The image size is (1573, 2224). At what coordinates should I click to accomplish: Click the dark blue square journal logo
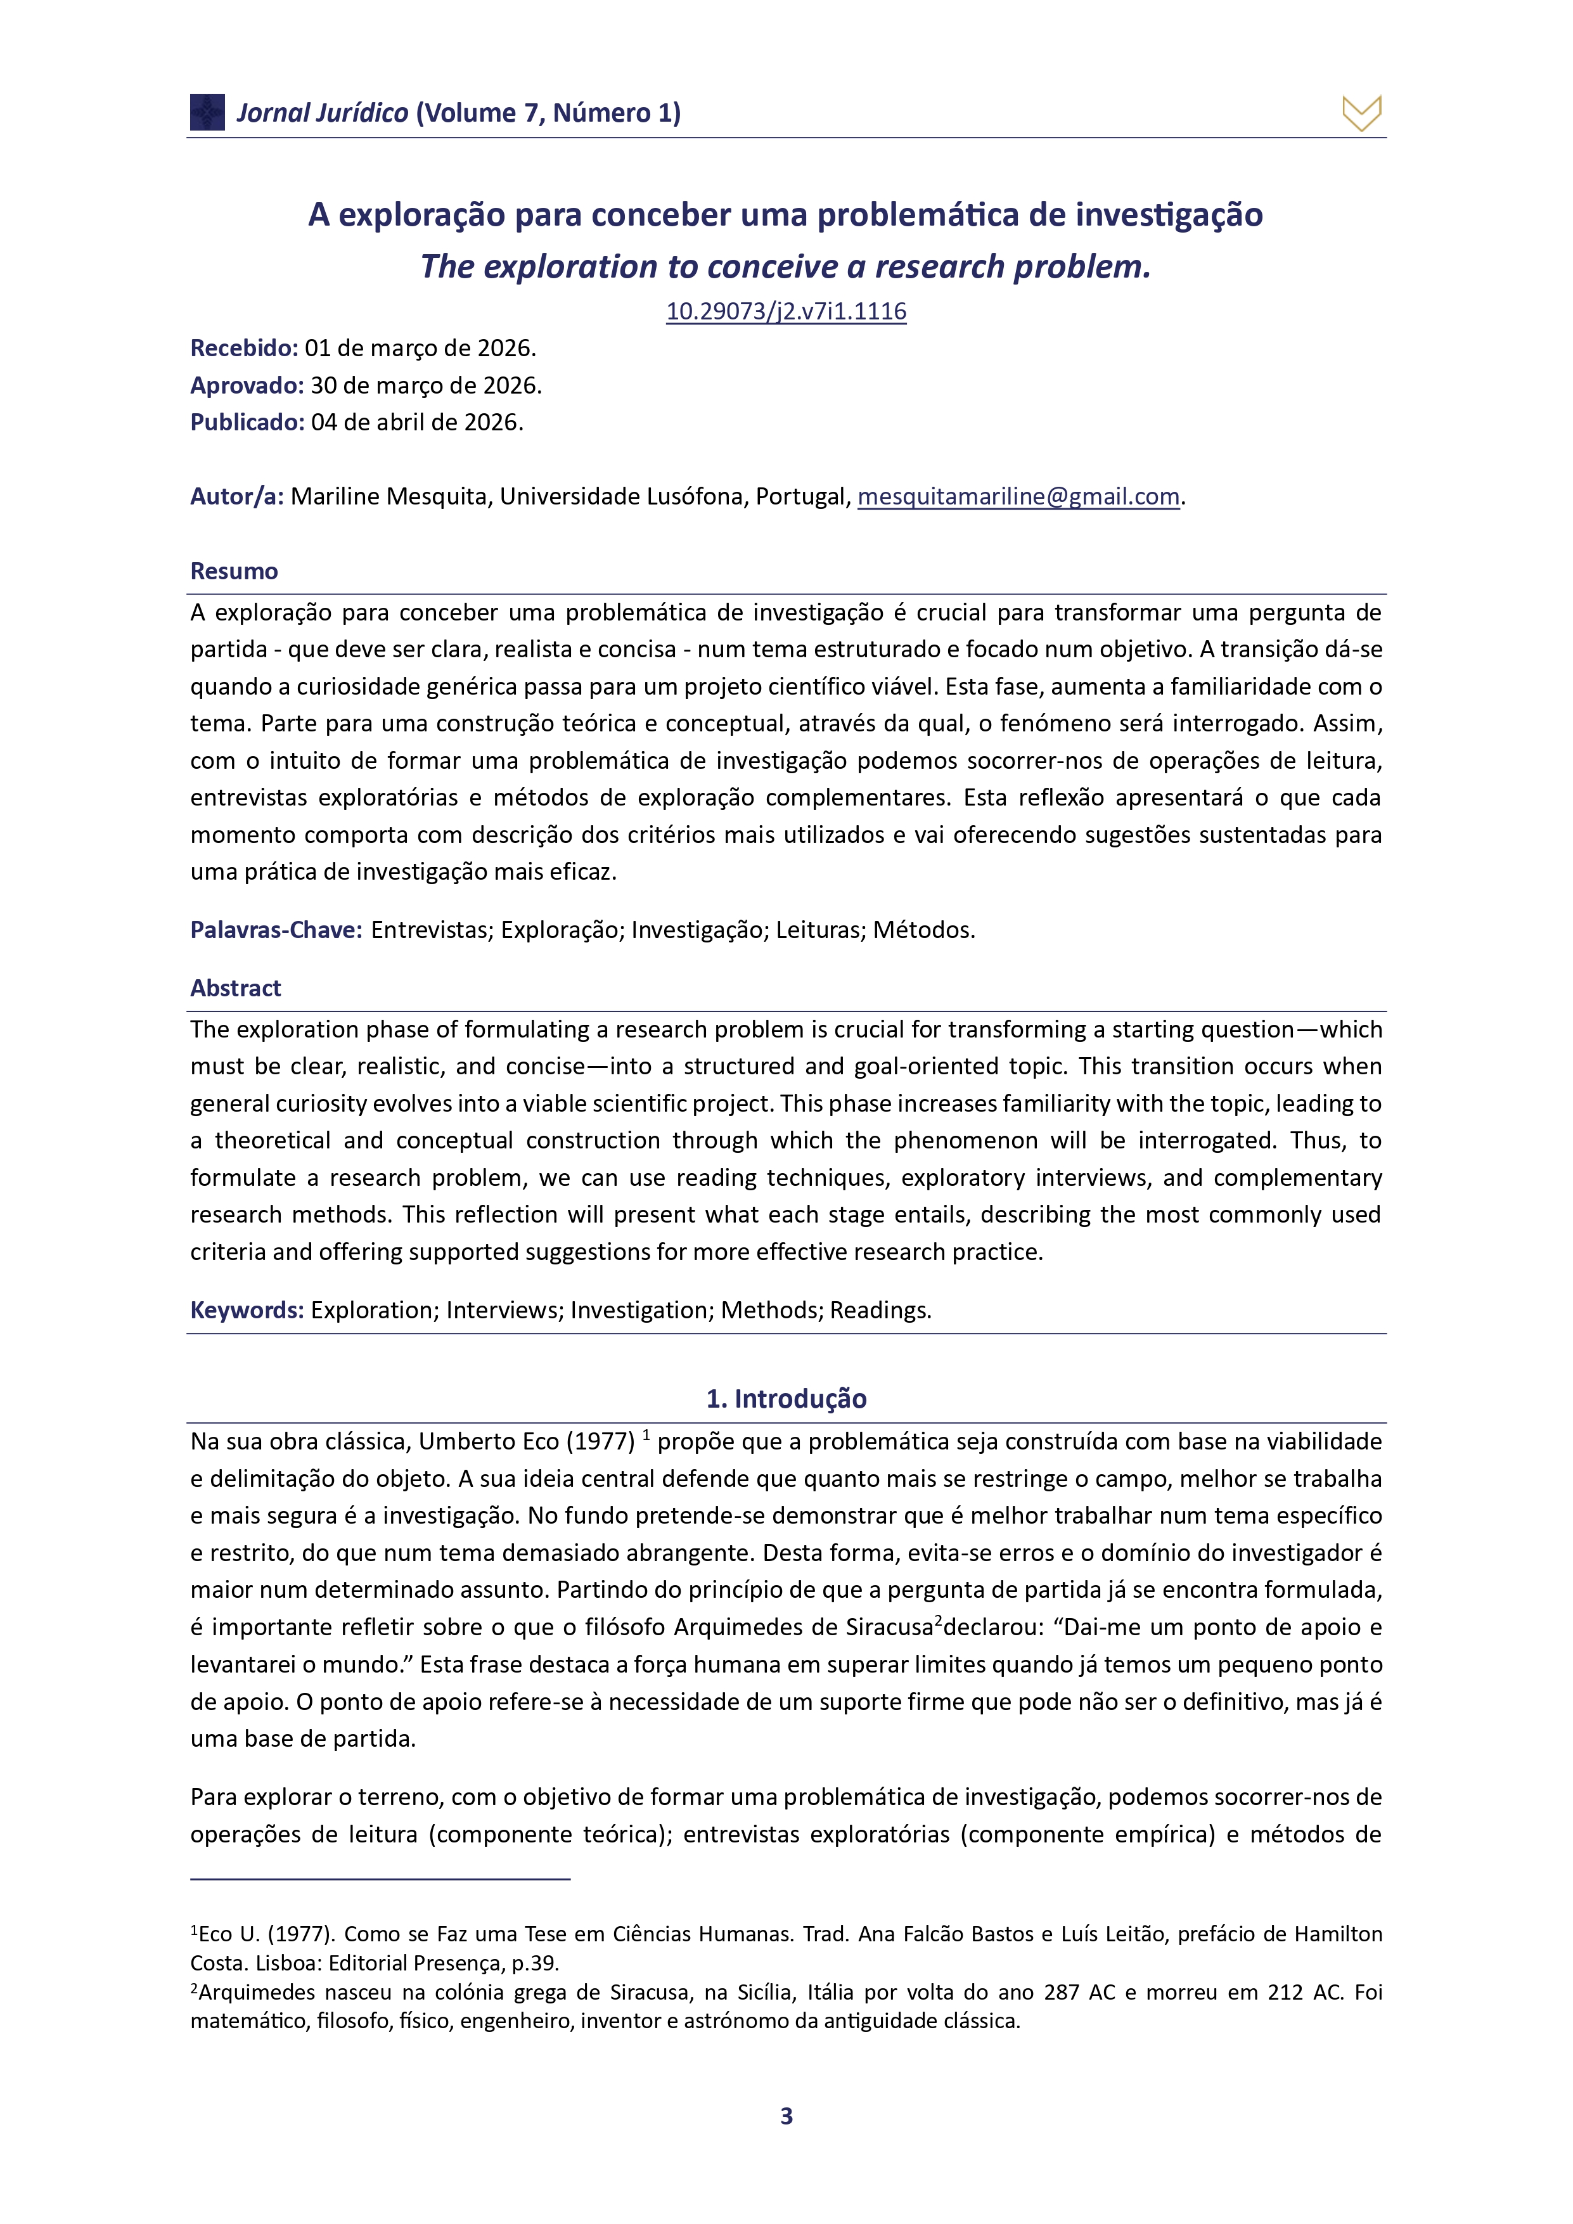click(x=207, y=112)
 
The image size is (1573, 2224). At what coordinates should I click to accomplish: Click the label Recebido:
click(x=244, y=348)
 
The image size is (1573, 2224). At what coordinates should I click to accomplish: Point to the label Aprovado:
click(x=247, y=385)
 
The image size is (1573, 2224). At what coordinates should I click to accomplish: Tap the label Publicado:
click(x=247, y=422)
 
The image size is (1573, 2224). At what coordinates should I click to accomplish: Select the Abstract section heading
click(x=235, y=988)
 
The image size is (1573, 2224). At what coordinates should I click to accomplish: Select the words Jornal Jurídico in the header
click(x=323, y=113)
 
